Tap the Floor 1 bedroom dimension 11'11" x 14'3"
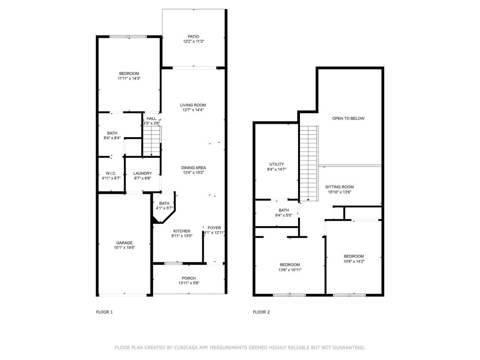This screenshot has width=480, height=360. (x=129, y=78)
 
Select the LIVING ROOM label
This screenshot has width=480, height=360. (x=193, y=105)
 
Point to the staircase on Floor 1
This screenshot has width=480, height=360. (x=151, y=141)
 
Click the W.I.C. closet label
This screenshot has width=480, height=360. (x=111, y=173)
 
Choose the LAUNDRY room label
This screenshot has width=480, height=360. (x=143, y=173)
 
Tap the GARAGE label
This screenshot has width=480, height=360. (x=124, y=243)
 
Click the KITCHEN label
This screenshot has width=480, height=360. (x=181, y=231)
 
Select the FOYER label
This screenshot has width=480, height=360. (x=214, y=228)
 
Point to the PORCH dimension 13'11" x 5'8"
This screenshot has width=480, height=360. (x=189, y=283)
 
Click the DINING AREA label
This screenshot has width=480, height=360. (x=193, y=168)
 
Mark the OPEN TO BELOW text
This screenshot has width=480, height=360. (x=348, y=118)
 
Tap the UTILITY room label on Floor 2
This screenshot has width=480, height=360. (x=277, y=164)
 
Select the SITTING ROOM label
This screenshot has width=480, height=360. (x=339, y=187)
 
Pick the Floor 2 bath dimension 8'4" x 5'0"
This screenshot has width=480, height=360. (x=283, y=215)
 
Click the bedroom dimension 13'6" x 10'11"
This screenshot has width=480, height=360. (x=289, y=270)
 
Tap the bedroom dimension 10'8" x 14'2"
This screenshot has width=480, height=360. (x=354, y=261)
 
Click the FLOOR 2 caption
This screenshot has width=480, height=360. (x=261, y=312)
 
